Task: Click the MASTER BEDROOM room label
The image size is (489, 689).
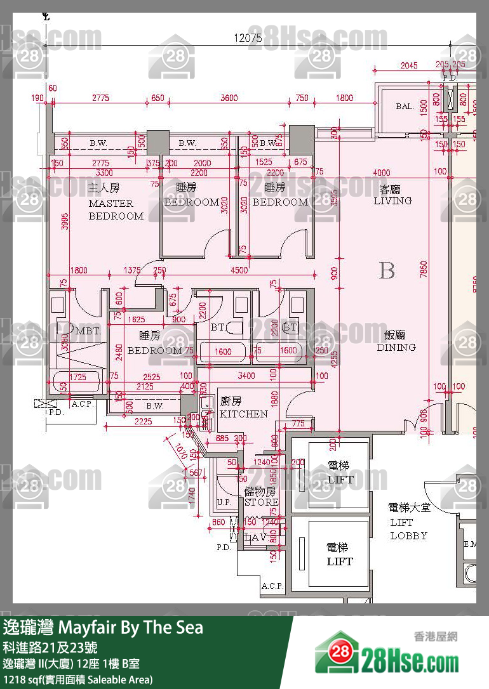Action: pos(116,209)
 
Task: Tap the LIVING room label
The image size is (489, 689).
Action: pos(392,200)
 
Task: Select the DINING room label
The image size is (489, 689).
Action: pos(396,347)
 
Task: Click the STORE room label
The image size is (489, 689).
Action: pos(262,502)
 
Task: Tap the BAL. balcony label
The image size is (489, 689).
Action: pos(405,107)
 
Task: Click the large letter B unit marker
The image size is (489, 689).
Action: pos(387,271)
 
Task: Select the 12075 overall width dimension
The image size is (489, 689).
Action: pos(248,38)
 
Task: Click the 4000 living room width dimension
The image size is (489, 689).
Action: pos(382,173)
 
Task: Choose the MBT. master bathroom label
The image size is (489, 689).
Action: pos(86,331)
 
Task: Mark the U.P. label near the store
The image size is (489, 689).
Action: pos(224,502)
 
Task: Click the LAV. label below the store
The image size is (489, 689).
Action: pos(254,537)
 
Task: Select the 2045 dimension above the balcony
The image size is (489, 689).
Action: pos(409,65)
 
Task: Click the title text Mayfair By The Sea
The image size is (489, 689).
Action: pos(131,627)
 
